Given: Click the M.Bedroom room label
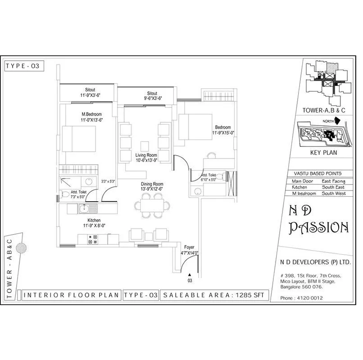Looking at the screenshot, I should tap(91, 114).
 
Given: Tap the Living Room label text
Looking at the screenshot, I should tap(146, 155).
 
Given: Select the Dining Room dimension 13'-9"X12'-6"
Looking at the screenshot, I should tap(151, 190).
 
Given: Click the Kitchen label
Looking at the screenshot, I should tap(94, 220).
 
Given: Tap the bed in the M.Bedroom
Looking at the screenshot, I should tap(78, 138).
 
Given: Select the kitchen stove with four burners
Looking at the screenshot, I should tap(93, 239).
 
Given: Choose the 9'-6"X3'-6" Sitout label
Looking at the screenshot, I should tap(146, 98).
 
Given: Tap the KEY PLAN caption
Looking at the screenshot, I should tap(324, 153).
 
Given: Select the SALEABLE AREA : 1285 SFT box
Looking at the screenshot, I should tap(214, 295).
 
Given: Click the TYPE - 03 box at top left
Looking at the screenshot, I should tap(23, 66).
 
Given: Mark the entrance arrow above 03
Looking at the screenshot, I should tap(190, 274).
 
